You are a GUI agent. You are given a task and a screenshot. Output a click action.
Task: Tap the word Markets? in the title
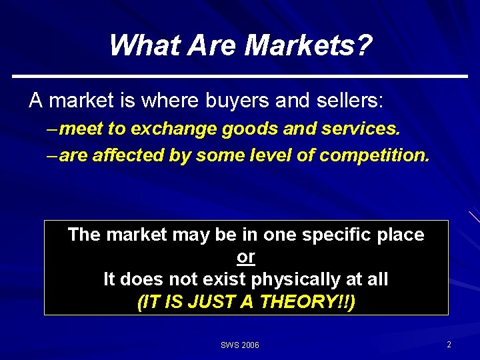pos(309,45)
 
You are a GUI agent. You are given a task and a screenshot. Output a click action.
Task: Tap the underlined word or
pos(246,257)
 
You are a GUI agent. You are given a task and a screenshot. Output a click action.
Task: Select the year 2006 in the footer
pos(250,345)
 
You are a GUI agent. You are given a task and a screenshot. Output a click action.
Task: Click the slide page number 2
pos(449,345)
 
